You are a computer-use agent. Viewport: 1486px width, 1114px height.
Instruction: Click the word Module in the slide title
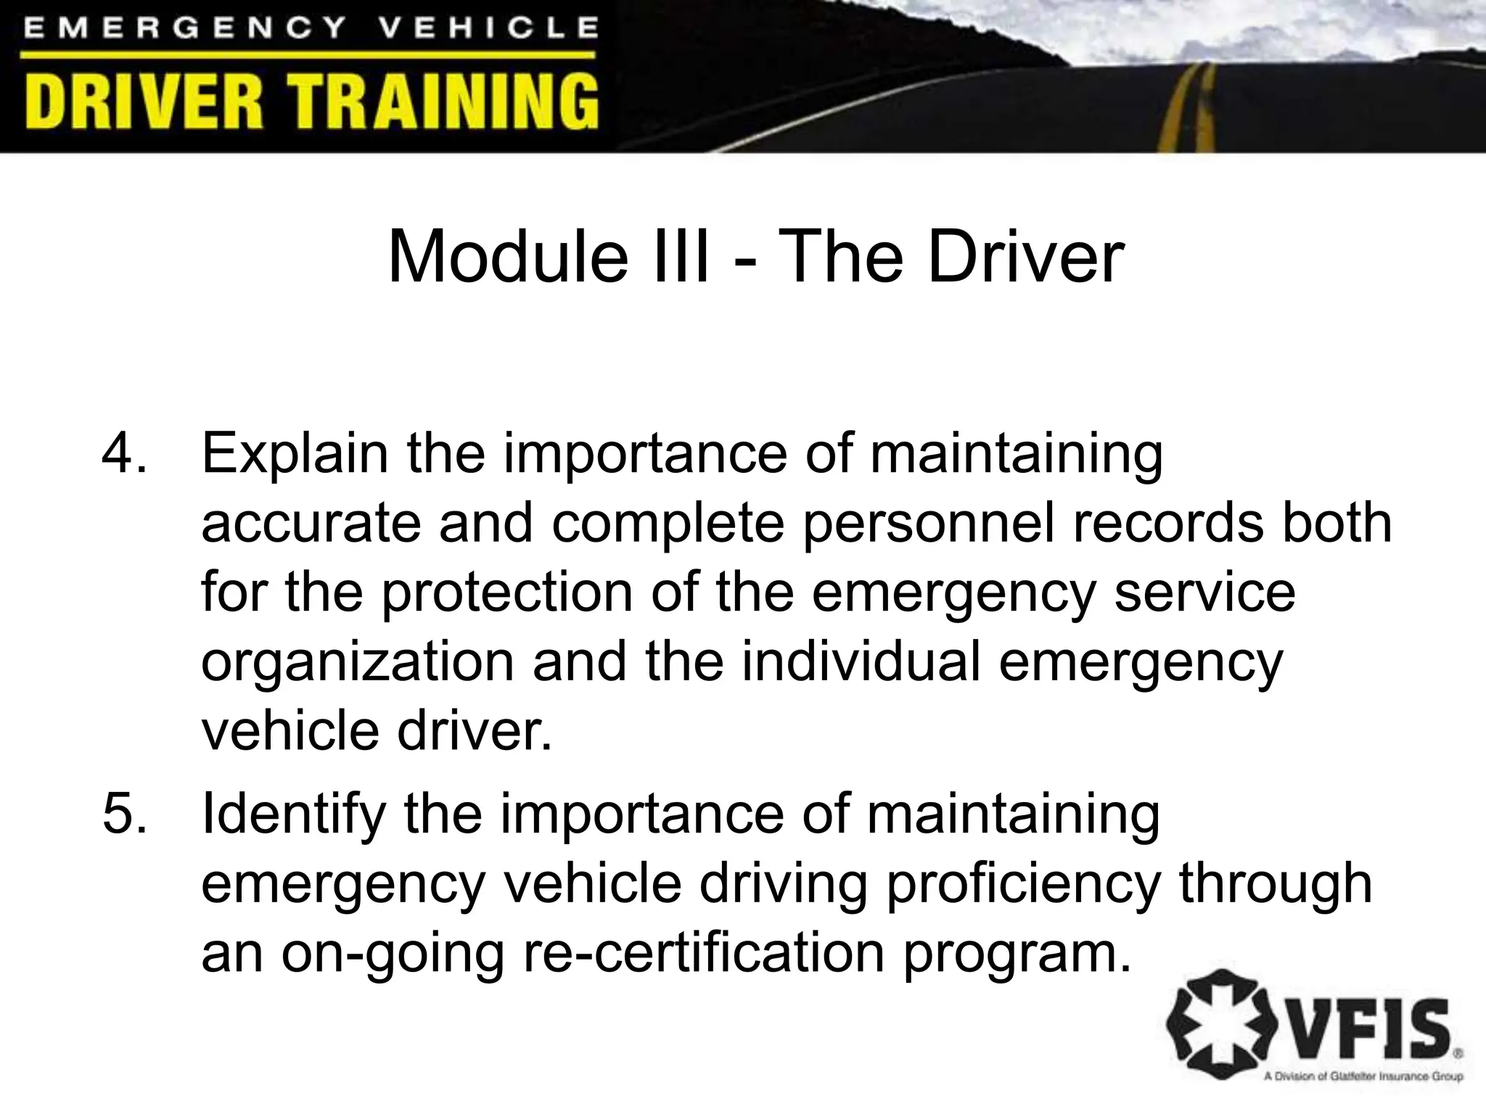click(508, 257)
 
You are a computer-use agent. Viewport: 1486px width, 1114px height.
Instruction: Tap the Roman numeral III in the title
click(681, 257)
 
